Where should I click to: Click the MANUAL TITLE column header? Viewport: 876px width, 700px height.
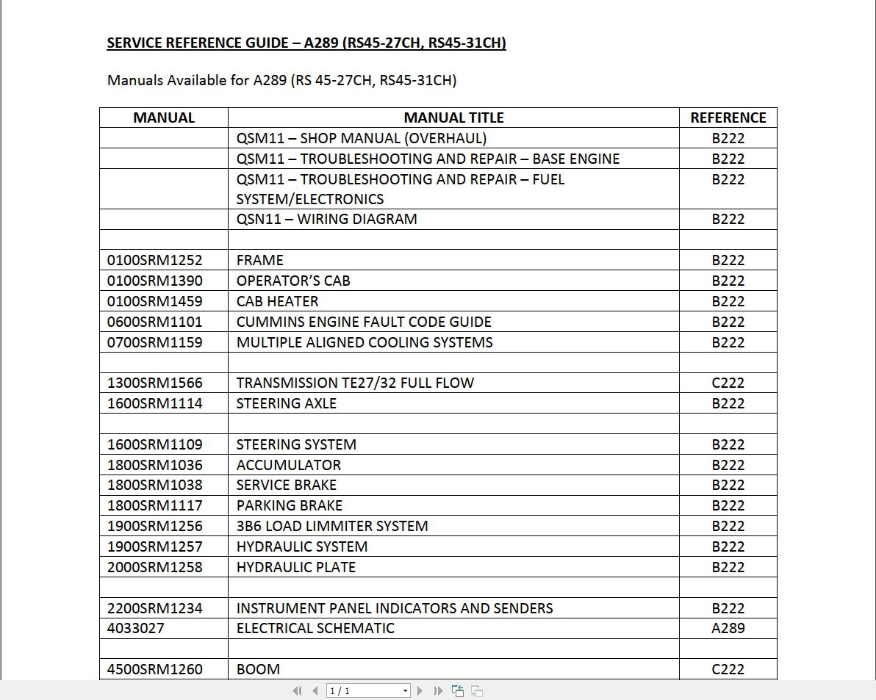(x=453, y=118)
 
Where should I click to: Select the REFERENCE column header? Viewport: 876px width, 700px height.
(x=728, y=118)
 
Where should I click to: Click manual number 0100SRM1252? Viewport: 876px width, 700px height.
(x=155, y=260)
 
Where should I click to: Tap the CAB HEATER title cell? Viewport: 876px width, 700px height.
(x=277, y=301)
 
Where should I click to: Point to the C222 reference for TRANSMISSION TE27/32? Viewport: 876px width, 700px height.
(x=728, y=383)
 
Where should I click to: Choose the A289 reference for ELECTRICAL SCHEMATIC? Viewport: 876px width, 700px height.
(x=728, y=628)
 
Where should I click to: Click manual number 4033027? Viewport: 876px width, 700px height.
(x=136, y=628)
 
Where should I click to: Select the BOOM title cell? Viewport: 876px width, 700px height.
(x=258, y=669)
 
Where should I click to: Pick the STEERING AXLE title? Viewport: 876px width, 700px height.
(x=286, y=403)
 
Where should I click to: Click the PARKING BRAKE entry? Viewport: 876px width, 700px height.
(x=289, y=505)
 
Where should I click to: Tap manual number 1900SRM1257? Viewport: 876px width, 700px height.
(x=155, y=546)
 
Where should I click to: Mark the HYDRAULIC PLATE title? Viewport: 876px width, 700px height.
(x=295, y=567)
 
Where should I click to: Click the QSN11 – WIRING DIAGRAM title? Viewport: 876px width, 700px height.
(x=326, y=219)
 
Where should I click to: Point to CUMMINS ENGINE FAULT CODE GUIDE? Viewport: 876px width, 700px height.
(x=364, y=322)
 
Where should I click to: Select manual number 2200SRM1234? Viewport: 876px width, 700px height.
(x=155, y=608)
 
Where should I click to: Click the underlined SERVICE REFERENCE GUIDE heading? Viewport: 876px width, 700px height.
(x=306, y=43)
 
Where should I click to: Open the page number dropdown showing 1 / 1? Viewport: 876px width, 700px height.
(x=405, y=690)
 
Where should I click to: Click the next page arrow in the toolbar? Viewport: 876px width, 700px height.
(x=420, y=690)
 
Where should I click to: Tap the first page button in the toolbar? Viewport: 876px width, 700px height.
(x=297, y=690)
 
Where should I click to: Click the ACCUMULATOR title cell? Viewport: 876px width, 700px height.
(x=288, y=465)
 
